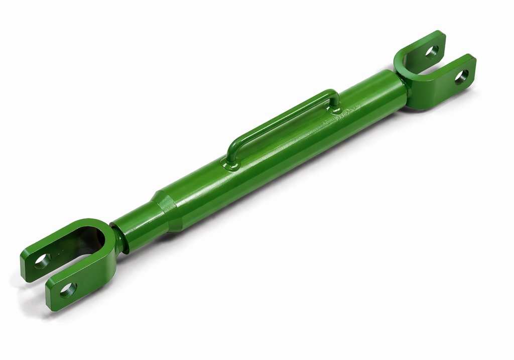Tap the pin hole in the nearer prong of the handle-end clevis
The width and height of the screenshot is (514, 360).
pos(461,76)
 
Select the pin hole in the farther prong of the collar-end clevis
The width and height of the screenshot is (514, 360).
pos(42,260)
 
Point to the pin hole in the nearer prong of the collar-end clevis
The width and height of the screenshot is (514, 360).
pos(68,290)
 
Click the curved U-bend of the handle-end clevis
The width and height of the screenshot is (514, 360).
pos(408,75)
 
